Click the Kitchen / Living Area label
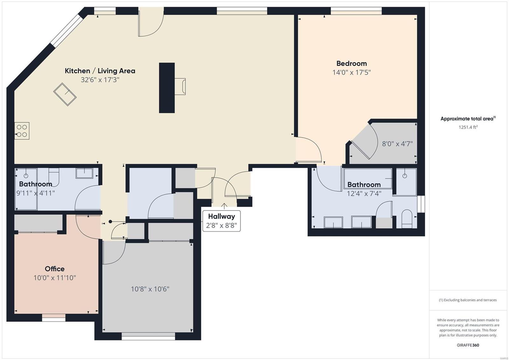[100, 71]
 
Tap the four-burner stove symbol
[22, 131]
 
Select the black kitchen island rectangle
[167, 88]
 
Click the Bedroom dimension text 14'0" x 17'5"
[352, 73]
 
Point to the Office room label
[55, 269]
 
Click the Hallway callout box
[221, 221]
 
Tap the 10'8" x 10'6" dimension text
[150, 289]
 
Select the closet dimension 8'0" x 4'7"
[397, 144]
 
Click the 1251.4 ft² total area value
[468, 127]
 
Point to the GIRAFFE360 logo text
[468, 345]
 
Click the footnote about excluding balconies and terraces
[468, 300]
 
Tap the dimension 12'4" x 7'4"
[364, 194]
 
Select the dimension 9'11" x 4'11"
[36, 193]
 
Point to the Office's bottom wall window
[54, 317]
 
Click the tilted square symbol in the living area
[65, 94]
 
